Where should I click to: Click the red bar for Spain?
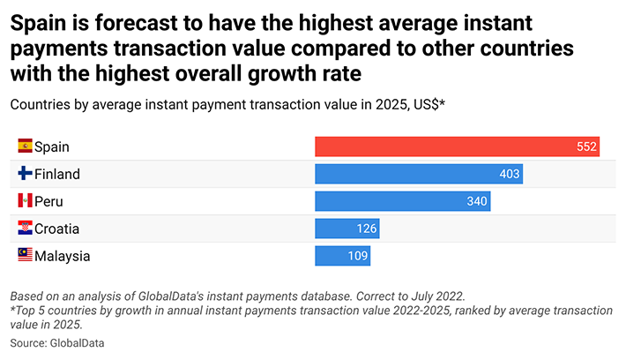pos(457,147)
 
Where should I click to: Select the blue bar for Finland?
pos(419,175)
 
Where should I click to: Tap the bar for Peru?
pos(402,202)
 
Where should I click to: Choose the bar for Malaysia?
pos(342,256)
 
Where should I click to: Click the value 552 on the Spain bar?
pos(587,147)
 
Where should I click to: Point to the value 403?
pos(510,175)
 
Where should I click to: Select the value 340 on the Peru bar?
pos(477,202)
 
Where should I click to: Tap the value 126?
pos(367,229)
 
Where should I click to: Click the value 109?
pos(358,256)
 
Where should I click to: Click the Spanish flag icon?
pos(25,146)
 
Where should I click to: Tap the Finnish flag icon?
pos(25,174)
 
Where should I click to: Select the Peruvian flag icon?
pos(25,201)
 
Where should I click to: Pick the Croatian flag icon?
pos(25,229)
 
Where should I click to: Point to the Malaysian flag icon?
pos(25,256)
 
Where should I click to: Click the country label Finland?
pos(57,175)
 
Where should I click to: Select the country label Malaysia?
pos(62,257)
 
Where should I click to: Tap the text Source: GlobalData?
pos(63,341)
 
